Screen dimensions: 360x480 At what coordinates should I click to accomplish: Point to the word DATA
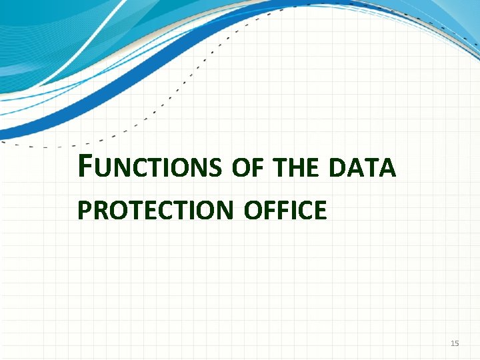363,169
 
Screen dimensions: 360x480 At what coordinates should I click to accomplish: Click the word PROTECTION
155,210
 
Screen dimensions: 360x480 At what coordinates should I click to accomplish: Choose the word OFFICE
285,210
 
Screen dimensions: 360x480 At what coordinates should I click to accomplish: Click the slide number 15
455,343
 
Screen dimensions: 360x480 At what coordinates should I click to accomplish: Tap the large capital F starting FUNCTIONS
85,166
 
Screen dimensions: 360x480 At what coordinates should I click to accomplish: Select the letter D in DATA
337,169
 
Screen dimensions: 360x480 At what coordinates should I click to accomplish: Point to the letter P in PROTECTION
84,210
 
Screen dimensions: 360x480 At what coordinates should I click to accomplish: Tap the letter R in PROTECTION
100,210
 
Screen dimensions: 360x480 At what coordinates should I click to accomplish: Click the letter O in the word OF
239,169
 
